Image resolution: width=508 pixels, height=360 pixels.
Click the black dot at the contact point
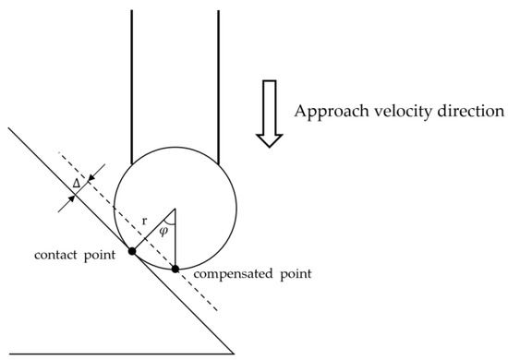133,251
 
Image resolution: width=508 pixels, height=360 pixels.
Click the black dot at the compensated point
175,269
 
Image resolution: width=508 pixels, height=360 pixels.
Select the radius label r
144,222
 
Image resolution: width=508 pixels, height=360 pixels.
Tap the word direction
467,112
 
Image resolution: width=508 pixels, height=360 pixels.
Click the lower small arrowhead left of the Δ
65,204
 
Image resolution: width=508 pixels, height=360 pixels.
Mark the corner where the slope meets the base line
235,353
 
